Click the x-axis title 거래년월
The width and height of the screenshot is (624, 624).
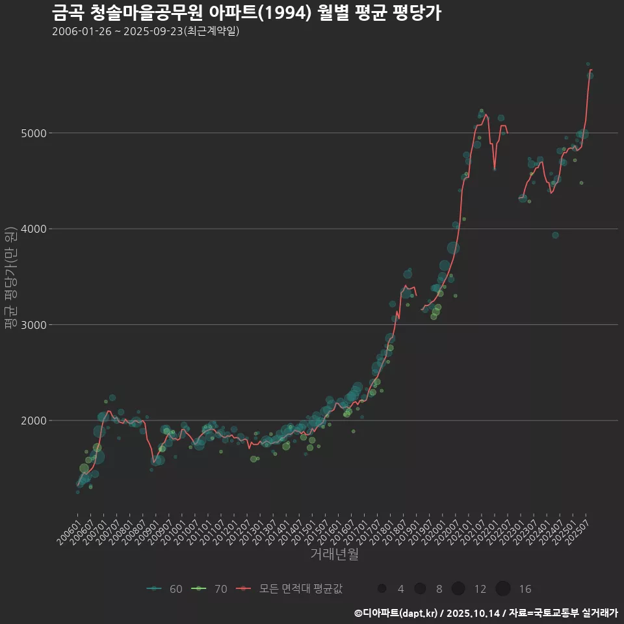click(x=334, y=554)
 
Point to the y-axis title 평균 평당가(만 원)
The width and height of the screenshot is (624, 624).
click(x=11, y=278)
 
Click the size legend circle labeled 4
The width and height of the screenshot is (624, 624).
click(x=382, y=588)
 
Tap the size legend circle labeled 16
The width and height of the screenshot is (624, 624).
click(x=502, y=588)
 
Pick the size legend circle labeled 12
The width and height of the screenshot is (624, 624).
click(x=458, y=588)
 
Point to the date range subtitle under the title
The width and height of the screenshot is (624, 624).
click(x=146, y=31)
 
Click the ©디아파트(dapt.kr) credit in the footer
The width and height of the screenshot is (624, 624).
click(x=396, y=613)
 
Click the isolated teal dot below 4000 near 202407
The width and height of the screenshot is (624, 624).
click(x=555, y=235)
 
